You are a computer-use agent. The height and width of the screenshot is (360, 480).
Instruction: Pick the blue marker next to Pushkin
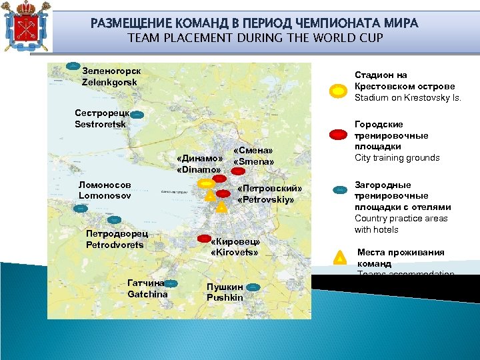(x=253, y=287)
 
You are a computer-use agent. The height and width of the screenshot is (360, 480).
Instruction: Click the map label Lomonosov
(x=105, y=190)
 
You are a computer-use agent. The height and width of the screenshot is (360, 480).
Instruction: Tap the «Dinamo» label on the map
(x=199, y=163)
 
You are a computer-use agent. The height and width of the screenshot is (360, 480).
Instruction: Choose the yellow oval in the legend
(x=339, y=90)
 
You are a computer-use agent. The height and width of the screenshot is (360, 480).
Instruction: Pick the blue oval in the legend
(x=339, y=190)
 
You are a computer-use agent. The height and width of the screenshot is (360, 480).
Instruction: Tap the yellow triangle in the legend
(x=339, y=257)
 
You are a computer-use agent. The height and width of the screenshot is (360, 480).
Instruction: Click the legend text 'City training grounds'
(x=397, y=158)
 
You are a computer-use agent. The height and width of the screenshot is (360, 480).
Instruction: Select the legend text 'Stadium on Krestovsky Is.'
(x=407, y=98)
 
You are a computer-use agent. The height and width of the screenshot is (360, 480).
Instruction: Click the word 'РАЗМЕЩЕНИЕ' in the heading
(x=127, y=23)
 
